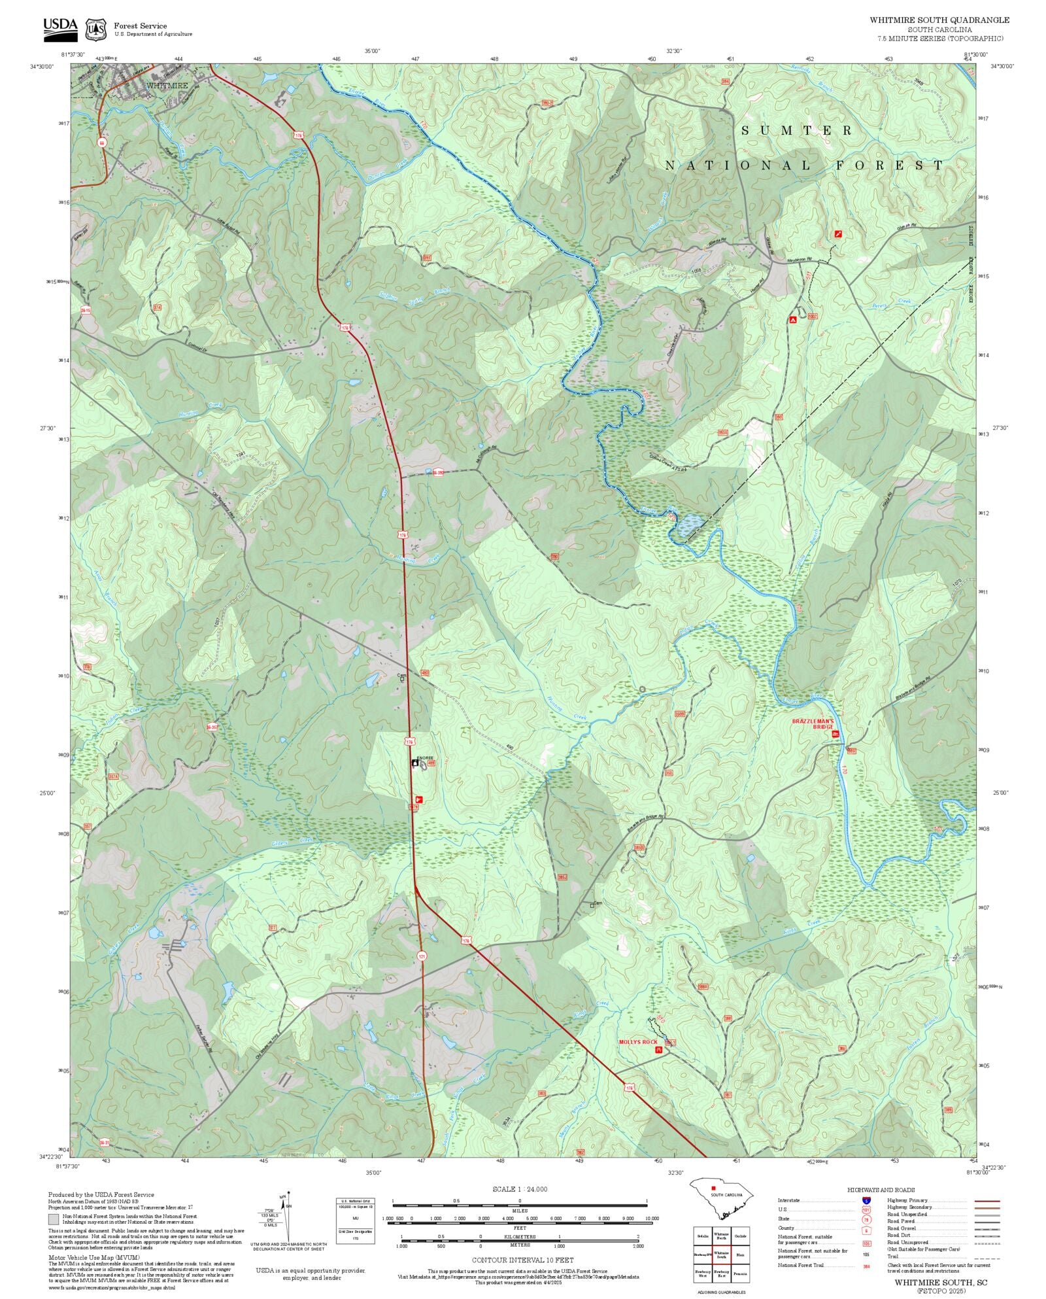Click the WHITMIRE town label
(x=167, y=85)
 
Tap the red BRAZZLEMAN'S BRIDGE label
(x=813, y=723)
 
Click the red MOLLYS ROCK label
(x=638, y=1042)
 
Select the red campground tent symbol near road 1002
(x=792, y=320)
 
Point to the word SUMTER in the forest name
(x=797, y=131)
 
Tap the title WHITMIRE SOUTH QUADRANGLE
(x=939, y=20)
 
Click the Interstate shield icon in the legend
(x=866, y=1201)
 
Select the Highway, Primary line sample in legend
(x=987, y=1201)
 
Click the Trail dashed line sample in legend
(x=987, y=1256)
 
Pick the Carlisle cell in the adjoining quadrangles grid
(x=740, y=1236)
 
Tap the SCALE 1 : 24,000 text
(x=520, y=1189)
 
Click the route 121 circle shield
(x=422, y=956)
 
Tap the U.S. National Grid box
(x=356, y=1222)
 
